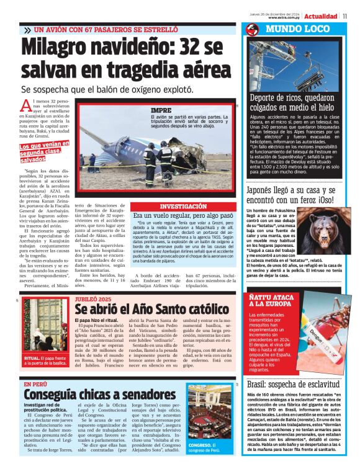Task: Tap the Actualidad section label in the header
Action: click(321, 16)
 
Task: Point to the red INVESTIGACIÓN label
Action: click(183, 205)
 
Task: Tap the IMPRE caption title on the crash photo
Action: click(161, 110)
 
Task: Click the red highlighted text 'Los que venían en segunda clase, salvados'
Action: click(40, 151)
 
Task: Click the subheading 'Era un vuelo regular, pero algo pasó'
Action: click(183, 215)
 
